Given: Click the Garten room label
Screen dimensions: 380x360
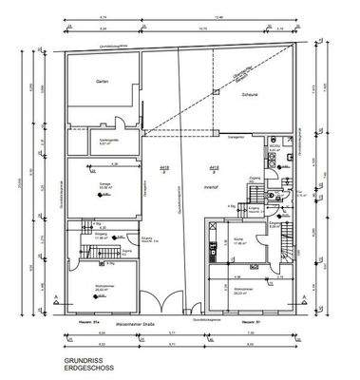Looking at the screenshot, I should [102, 84].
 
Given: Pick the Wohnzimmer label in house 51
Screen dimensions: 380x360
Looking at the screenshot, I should [243, 291].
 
